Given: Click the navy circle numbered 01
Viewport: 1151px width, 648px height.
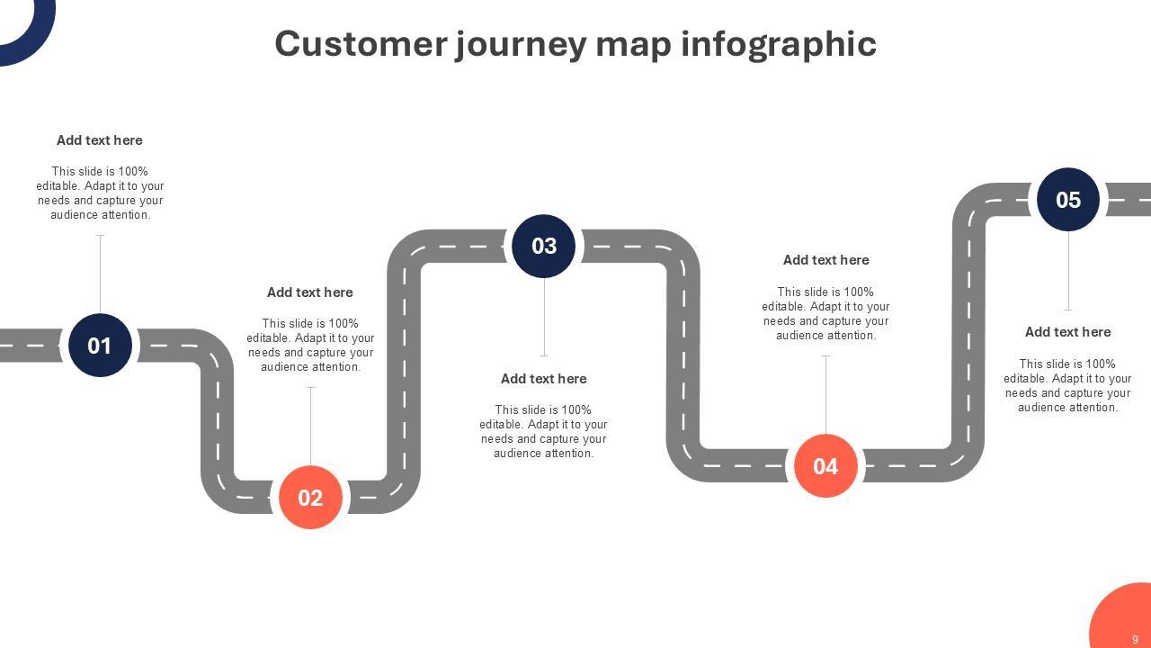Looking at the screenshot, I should tap(100, 345).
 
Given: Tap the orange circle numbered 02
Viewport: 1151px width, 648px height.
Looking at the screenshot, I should tap(310, 497).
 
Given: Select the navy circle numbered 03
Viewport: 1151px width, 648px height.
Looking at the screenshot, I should tap(543, 246).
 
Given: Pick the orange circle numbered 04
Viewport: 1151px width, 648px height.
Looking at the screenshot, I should tap(825, 465).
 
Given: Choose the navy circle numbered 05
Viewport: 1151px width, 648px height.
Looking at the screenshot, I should tap(1068, 199).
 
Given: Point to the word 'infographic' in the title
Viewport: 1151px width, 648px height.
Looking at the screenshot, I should tap(779, 43).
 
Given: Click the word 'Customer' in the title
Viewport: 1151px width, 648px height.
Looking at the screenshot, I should tap(361, 43).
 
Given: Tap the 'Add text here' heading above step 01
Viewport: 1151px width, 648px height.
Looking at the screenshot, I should tap(100, 140).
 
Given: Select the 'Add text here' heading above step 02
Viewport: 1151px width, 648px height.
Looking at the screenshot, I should tap(310, 292).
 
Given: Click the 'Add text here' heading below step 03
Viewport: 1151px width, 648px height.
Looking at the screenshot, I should tap(543, 379).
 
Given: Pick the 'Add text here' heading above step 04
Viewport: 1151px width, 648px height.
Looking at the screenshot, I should tap(825, 260).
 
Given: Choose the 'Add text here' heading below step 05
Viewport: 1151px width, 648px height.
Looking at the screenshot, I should tap(1068, 332).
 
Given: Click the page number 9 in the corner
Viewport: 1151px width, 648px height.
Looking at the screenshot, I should tap(1135, 639).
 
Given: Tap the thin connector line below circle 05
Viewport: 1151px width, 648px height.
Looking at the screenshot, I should tap(1068, 270).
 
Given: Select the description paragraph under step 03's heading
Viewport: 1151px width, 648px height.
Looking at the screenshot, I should tap(543, 431).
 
